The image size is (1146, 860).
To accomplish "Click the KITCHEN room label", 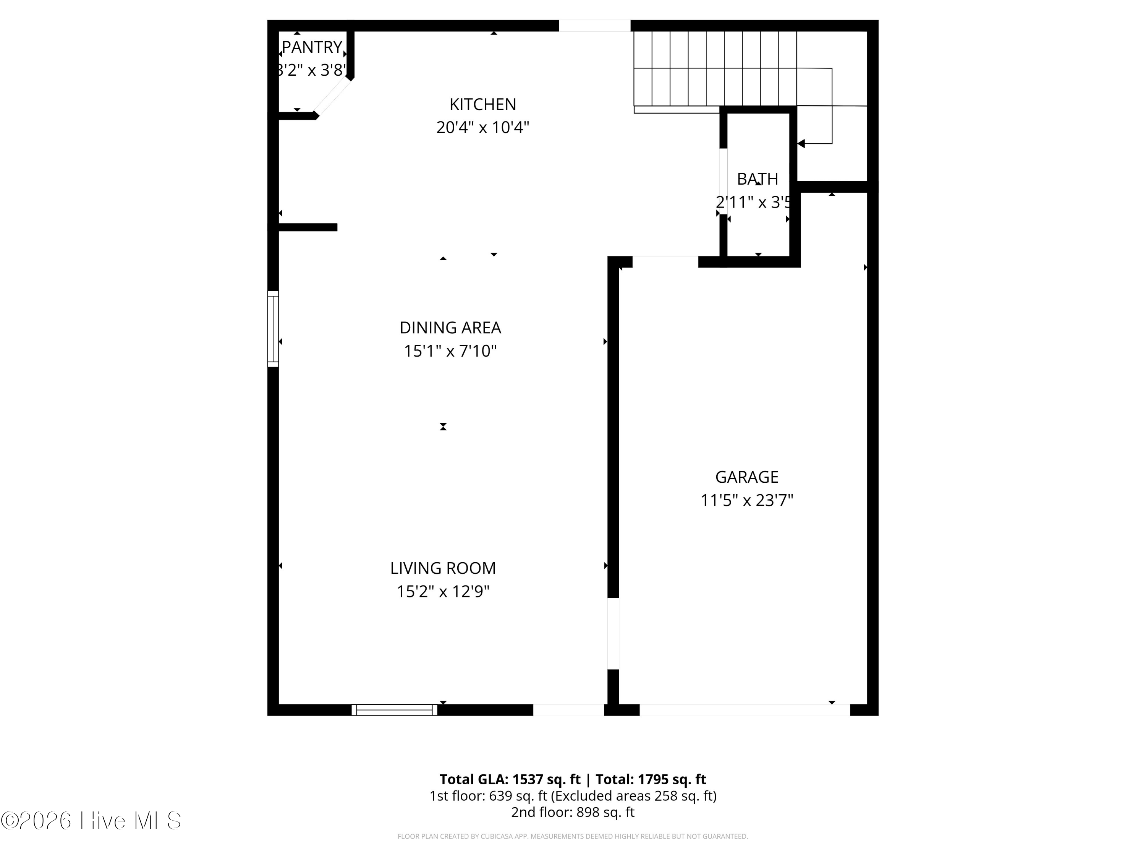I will pos(482,104).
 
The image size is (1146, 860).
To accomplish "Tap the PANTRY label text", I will pos(312,47).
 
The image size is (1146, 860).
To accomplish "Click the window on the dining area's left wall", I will pos(273,329).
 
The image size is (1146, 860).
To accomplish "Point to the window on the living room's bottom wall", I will pos(394,710).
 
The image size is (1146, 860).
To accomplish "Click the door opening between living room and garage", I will pos(613,633).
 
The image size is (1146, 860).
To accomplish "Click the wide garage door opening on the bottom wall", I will pos(745,710).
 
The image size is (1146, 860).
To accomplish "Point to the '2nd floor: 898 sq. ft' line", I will pos(573,812).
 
